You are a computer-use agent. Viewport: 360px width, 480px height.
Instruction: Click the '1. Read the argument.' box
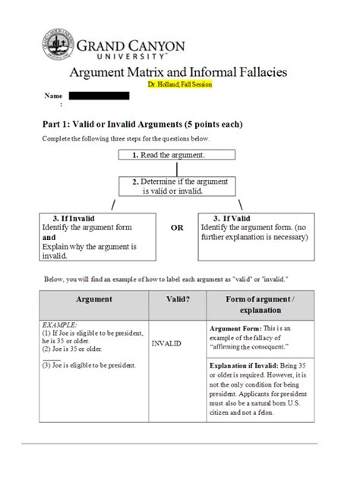point(177,155)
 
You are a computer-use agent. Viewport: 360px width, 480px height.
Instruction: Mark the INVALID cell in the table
point(167,344)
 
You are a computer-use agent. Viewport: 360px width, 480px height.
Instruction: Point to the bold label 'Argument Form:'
point(235,328)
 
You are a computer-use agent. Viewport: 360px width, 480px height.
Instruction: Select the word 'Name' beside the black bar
point(53,96)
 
